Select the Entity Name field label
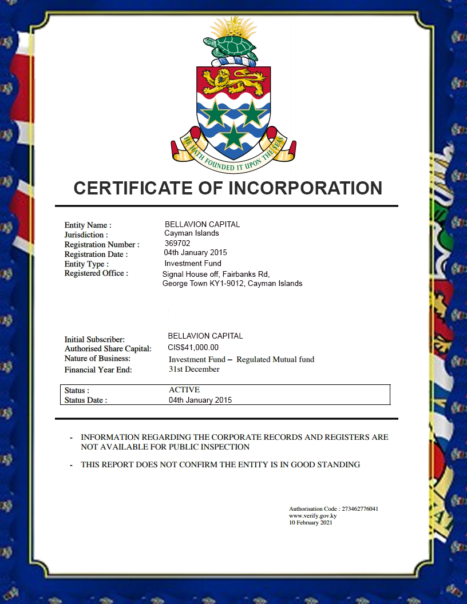click(x=88, y=225)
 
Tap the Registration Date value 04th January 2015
click(x=195, y=253)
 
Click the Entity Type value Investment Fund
click(x=192, y=264)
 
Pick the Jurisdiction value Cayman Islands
click(x=191, y=233)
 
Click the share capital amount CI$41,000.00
click(x=193, y=347)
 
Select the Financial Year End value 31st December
click(x=193, y=369)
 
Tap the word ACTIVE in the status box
click(x=184, y=390)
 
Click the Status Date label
click(x=85, y=400)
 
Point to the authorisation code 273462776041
click(x=359, y=508)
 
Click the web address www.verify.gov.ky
click(x=312, y=515)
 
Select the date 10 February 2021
click(x=310, y=522)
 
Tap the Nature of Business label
click(x=97, y=359)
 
